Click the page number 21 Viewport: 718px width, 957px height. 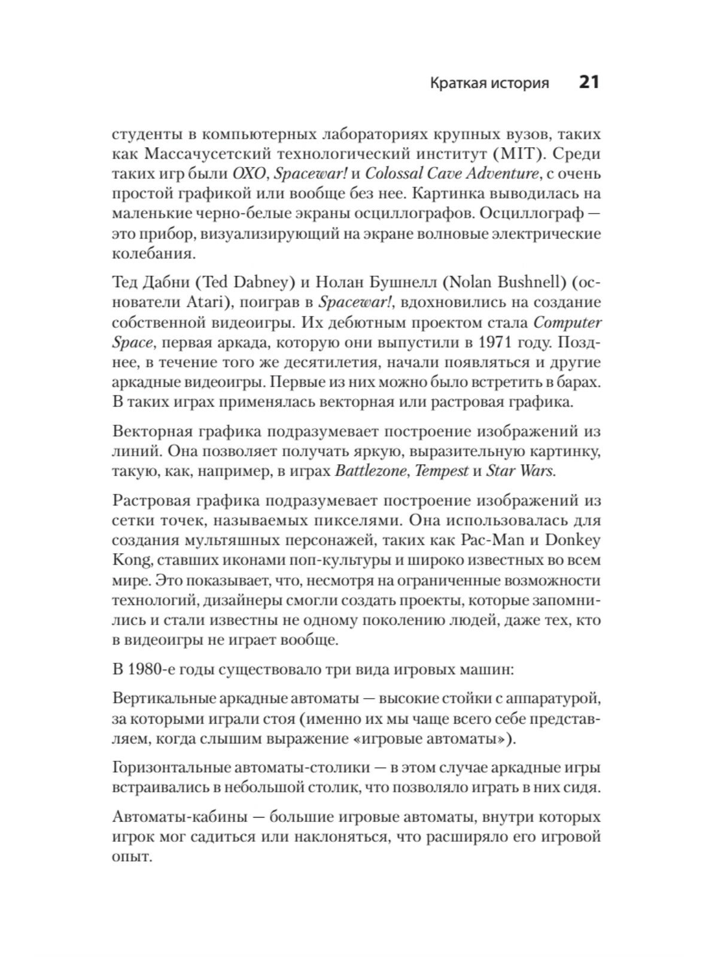(x=588, y=82)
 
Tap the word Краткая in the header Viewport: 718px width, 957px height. (x=456, y=83)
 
